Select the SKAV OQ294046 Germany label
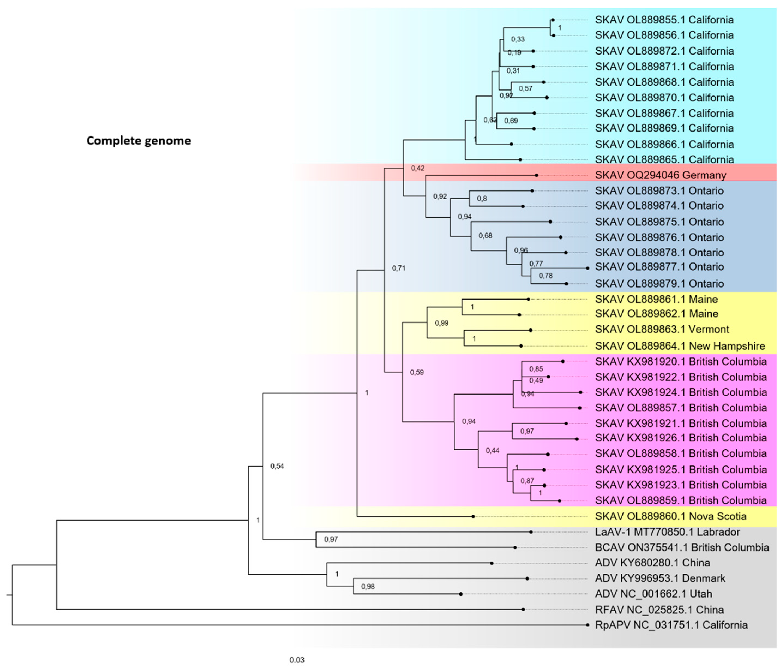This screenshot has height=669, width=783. (660, 175)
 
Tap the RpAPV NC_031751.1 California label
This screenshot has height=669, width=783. (671, 625)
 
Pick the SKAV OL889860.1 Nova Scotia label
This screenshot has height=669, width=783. (670, 516)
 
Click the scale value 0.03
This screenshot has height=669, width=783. (297, 660)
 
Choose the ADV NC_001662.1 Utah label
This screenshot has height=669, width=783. (653, 594)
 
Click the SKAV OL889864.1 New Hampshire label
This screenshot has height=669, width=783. (680, 346)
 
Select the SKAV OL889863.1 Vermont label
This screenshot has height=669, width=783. (662, 329)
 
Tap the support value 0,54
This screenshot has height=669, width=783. (277, 466)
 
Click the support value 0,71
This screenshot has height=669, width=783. (398, 268)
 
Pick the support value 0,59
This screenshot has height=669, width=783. (417, 372)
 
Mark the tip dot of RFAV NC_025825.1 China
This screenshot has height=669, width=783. (523, 609)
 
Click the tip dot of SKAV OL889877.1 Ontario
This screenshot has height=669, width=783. (587, 268)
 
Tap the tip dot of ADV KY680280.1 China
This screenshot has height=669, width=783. (492, 563)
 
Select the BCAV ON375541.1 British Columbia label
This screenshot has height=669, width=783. (682, 548)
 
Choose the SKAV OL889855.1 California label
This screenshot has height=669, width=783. (664, 20)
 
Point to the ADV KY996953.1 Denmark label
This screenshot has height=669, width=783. (660, 578)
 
